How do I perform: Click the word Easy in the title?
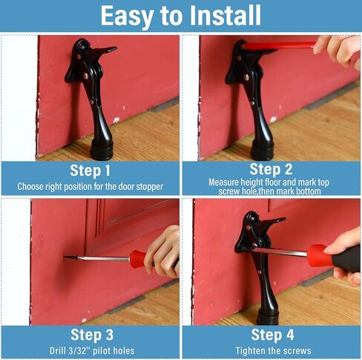128,15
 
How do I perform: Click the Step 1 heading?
90,171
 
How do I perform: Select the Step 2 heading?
271,169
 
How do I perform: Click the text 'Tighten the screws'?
271,350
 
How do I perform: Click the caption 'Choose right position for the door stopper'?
90,186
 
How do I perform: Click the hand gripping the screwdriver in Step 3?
165,252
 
